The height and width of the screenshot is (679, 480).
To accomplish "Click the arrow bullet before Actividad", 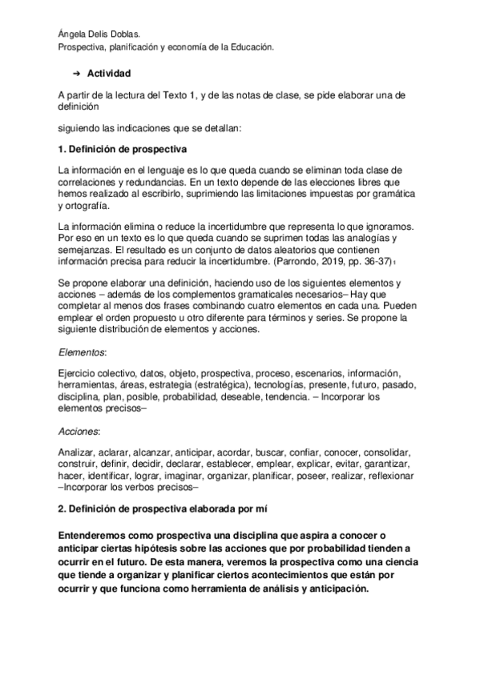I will tap(77, 73).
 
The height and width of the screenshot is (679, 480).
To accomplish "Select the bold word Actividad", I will tap(109, 73).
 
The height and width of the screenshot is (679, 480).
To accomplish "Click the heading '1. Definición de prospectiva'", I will tap(111, 150).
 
